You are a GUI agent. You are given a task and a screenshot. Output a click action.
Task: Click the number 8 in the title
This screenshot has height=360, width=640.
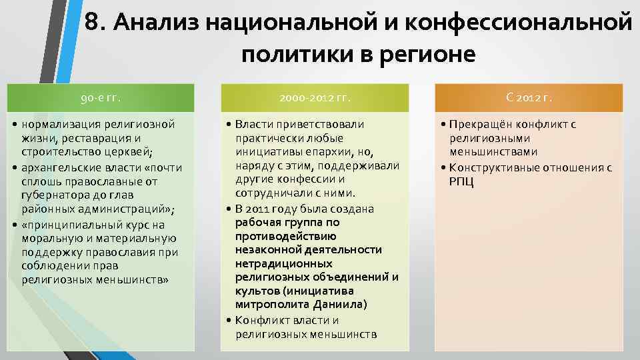pos(95,23)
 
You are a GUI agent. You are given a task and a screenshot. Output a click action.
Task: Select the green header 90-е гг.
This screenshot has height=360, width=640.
pos(101,99)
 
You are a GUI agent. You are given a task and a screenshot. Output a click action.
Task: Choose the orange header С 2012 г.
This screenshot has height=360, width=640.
pos(529,99)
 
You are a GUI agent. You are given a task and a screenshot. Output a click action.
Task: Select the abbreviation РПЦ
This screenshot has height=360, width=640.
pos(462,181)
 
